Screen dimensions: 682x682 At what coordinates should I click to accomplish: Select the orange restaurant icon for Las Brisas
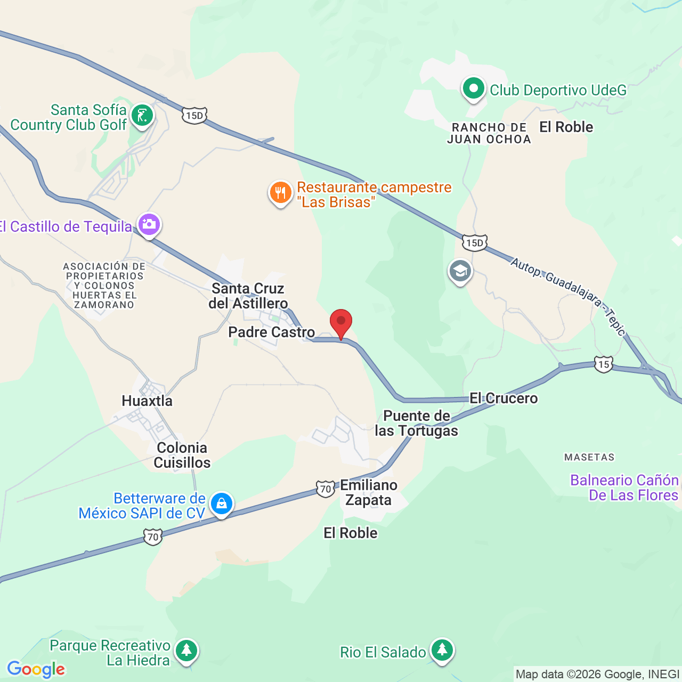280,193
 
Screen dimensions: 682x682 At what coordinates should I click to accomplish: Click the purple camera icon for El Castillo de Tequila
149,225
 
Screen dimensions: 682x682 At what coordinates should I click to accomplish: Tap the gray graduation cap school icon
460,272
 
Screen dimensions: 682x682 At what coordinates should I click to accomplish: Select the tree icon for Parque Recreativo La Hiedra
186,651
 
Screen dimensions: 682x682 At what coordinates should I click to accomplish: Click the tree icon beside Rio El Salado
442,651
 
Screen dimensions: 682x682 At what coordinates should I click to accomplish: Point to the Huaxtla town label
147,401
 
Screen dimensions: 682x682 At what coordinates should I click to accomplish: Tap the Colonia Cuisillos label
182,455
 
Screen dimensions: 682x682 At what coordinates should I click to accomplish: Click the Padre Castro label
271,332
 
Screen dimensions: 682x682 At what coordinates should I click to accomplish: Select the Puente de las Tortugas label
417,423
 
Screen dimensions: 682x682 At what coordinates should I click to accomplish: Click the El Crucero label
504,398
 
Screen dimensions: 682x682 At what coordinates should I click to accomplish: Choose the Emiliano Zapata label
369,492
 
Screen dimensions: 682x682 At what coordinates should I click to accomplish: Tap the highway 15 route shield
603,365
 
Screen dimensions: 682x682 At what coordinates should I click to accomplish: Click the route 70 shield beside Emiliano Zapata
325,488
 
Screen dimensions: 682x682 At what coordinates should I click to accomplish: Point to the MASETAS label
589,457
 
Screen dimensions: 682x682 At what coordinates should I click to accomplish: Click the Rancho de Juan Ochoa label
489,133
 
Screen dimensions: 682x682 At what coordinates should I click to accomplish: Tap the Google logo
36,669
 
